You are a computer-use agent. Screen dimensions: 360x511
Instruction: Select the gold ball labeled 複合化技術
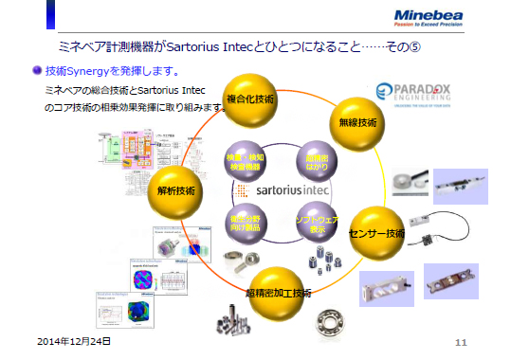[x=250, y=99]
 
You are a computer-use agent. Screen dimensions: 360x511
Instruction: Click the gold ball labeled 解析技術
[x=176, y=190]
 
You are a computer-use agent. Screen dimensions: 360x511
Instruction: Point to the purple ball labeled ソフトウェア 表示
[x=317, y=222]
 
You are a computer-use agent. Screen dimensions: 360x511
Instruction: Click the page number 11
[x=462, y=341]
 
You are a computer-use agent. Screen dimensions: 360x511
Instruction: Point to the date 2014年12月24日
[x=74, y=339]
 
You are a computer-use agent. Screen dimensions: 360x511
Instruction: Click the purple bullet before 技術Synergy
[x=37, y=70]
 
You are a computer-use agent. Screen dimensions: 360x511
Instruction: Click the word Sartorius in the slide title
[x=233, y=46]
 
